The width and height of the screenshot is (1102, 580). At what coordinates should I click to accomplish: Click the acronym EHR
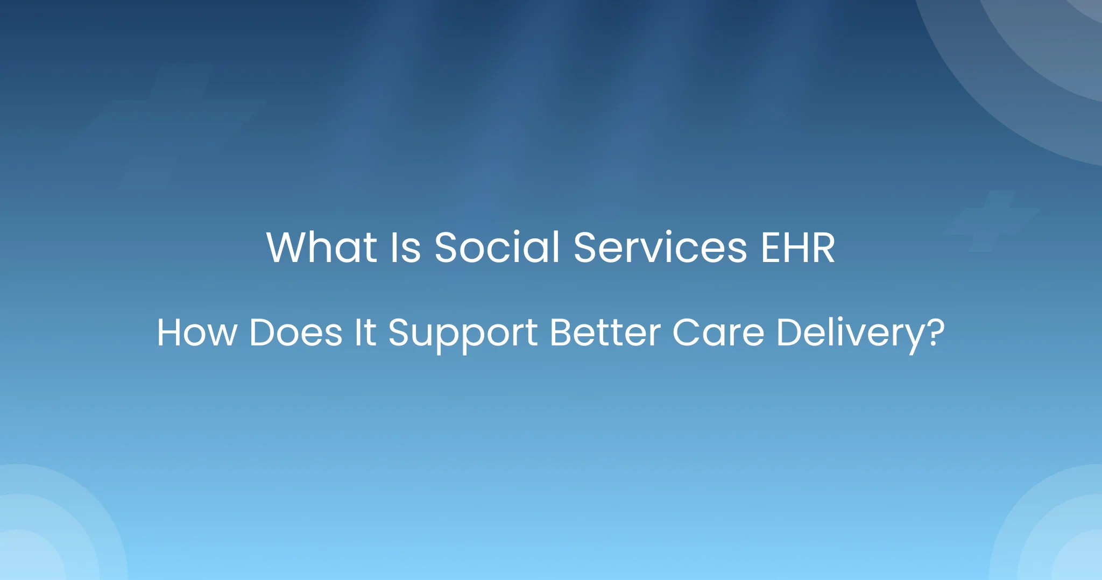point(798,248)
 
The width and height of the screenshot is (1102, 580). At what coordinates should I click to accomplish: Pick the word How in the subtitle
point(197,333)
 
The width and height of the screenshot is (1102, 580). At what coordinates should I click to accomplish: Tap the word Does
point(296,333)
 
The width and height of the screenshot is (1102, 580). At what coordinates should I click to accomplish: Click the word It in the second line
point(365,333)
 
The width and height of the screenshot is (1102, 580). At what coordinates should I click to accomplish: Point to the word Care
point(718,333)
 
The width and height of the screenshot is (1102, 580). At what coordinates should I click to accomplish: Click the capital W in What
point(290,248)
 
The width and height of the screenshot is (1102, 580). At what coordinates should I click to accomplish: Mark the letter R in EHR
point(822,248)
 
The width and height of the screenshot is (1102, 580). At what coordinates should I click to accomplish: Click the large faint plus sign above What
point(164,127)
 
